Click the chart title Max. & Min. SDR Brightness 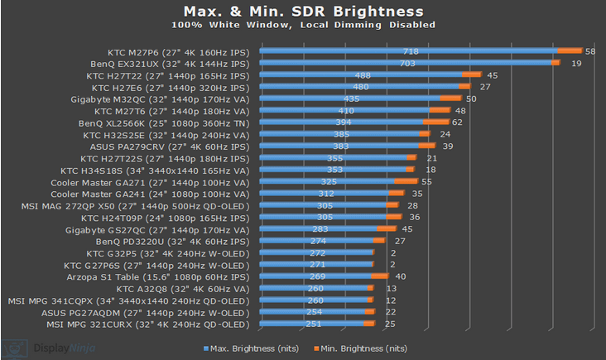(x=302, y=12)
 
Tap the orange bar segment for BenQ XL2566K (x=435, y=122)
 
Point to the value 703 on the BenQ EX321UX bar (x=407, y=63)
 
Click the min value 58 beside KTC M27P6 (x=590, y=51)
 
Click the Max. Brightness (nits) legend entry (x=251, y=348)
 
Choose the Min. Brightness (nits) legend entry (x=365, y=348)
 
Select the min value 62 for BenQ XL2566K (x=457, y=122)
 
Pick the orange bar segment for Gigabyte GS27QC (x=387, y=229)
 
